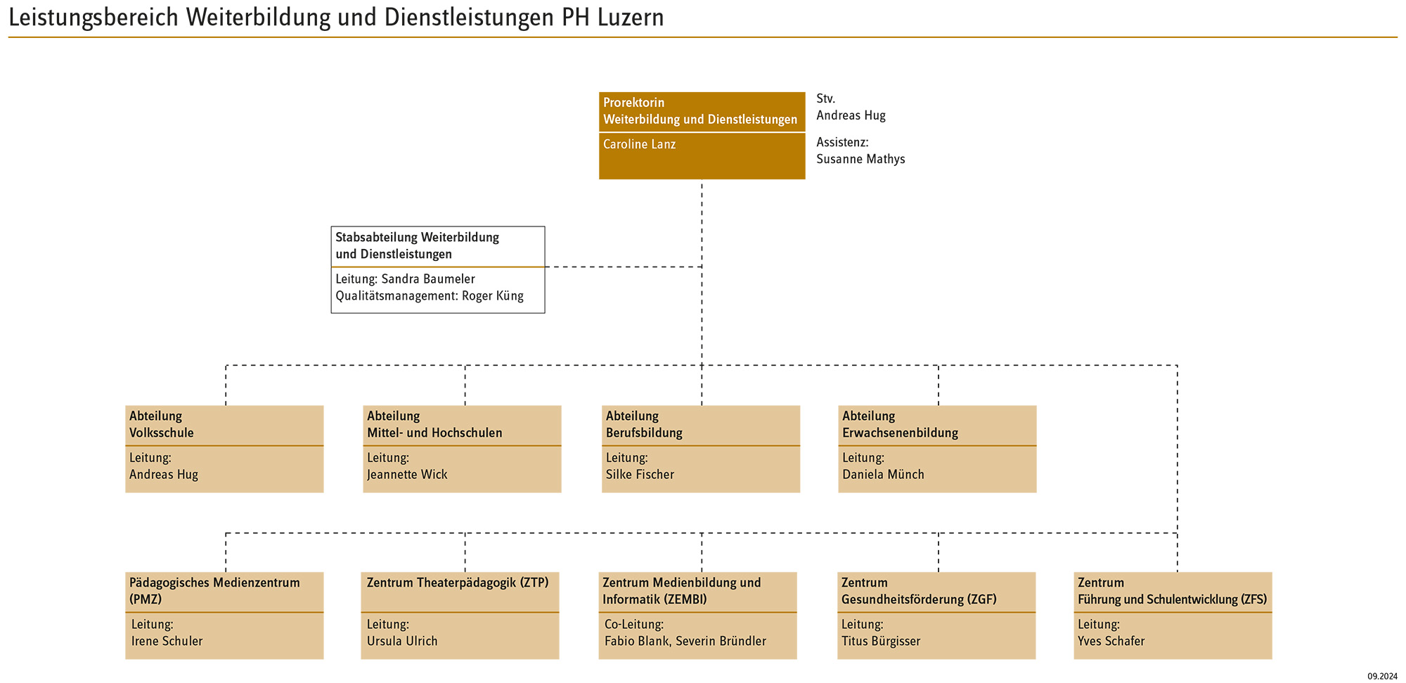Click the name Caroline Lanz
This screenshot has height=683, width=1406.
coord(639,144)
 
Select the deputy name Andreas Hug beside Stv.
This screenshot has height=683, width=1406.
coord(851,115)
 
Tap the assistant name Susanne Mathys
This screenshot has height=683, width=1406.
coord(860,159)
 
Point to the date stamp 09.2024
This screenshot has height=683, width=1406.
coord(1382,676)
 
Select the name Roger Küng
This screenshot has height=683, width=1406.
coord(493,295)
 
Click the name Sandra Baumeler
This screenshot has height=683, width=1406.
coord(428,279)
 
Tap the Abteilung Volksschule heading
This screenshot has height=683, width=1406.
coord(162,424)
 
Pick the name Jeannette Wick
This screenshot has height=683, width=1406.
coord(407,474)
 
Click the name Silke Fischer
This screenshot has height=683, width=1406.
coord(640,474)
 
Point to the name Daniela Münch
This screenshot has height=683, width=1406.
coord(883,474)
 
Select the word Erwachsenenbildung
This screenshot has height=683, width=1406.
coord(900,433)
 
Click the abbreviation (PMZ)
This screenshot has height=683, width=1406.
coord(146,599)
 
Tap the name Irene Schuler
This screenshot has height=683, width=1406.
coord(167,641)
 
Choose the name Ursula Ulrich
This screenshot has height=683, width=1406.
coord(402,641)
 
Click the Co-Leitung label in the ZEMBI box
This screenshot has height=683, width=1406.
coord(634,624)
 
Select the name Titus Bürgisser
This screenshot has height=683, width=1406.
coord(881,641)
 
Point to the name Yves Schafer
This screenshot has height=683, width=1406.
coord(1111,641)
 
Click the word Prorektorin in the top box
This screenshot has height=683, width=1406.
coord(633,103)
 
